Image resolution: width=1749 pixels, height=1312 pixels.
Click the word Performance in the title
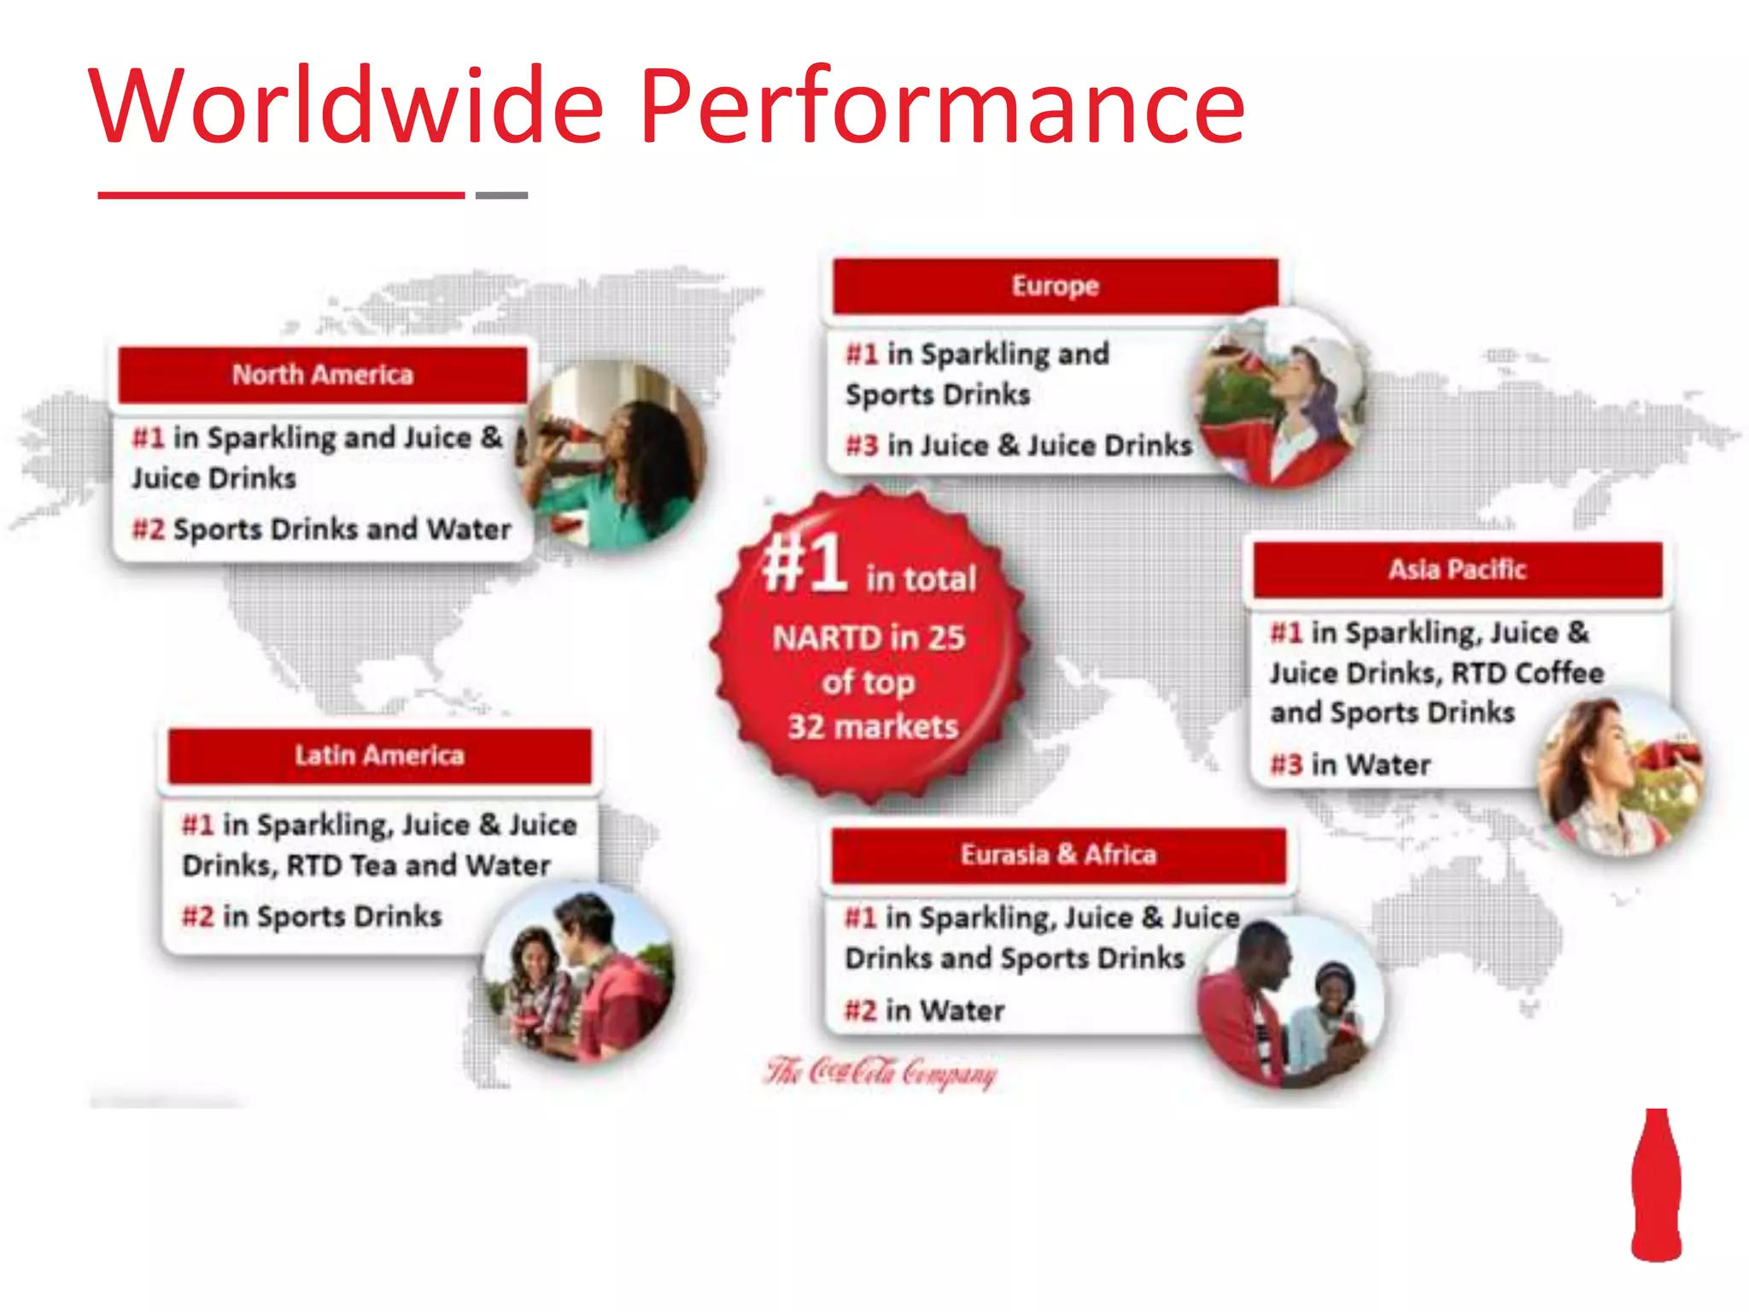(x=942, y=107)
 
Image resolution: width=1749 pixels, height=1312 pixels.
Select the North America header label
(x=323, y=374)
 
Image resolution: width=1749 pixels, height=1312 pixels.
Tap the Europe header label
(x=1056, y=285)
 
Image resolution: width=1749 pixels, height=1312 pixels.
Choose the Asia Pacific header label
(x=1457, y=569)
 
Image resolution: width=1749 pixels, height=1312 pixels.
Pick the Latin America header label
(x=380, y=755)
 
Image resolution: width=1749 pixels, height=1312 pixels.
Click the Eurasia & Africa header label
(x=1058, y=854)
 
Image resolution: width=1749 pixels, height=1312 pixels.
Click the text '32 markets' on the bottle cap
(x=872, y=727)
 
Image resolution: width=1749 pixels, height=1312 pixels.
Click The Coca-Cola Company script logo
(x=880, y=1072)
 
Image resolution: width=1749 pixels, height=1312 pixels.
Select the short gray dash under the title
(x=501, y=196)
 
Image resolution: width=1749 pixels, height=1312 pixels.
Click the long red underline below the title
(x=281, y=196)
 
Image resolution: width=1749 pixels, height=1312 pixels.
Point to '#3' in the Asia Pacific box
(x=1286, y=764)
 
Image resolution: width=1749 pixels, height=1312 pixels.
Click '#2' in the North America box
(x=148, y=530)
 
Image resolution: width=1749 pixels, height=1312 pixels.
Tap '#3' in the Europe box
(x=862, y=446)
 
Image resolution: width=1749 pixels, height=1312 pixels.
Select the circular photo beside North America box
(x=613, y=455)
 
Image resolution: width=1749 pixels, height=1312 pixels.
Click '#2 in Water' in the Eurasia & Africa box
(x=924, y=1010)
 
